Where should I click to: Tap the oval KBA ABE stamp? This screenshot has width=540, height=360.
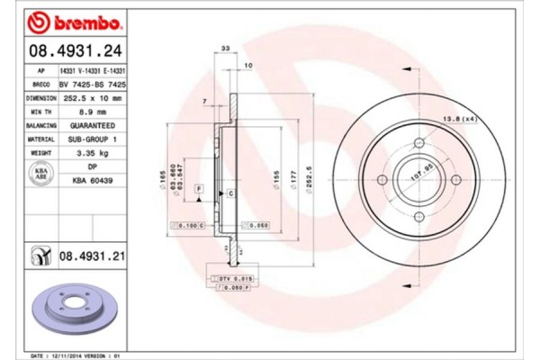tap(40, 174)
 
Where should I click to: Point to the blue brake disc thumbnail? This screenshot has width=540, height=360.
tap(69, 309)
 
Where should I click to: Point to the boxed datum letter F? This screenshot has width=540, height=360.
tap(197, 186)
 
